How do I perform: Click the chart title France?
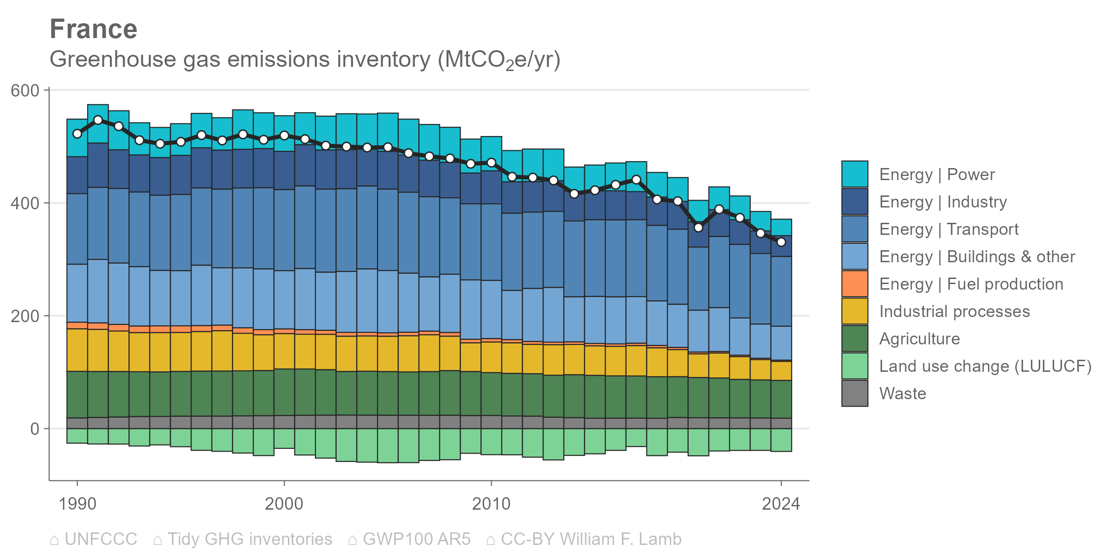click(x=94, y=29)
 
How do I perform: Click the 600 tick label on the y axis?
click(x=25, y=91)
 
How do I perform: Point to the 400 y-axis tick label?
click(x=25, y=203)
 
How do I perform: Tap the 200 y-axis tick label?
click(x=25, y=316)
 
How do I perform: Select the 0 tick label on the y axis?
click(x=35, y=429)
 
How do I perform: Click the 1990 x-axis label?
click(x=77, y=504)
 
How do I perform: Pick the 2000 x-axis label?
click(x=284, y=504)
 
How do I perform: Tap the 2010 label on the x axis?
click(x=491, y=504)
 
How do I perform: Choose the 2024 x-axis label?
click(x=781, y=504)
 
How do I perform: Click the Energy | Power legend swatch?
click(x=855, y=174)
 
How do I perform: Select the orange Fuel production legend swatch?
click(x=855, y=284)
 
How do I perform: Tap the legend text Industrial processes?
click(x=954, y=311)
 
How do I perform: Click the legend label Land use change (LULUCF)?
click(x=985, y=366)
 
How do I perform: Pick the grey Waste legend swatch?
click(x=855, y=393)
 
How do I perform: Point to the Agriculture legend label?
click(x=920, y=339)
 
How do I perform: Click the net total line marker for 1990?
click(x=77, y=134)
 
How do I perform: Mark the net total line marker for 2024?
click(x=781, y=242)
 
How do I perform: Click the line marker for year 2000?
click(x=284, y=136)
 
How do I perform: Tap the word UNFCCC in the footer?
click(x=101, y=539)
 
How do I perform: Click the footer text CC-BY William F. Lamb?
click(x=591, y=539)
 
